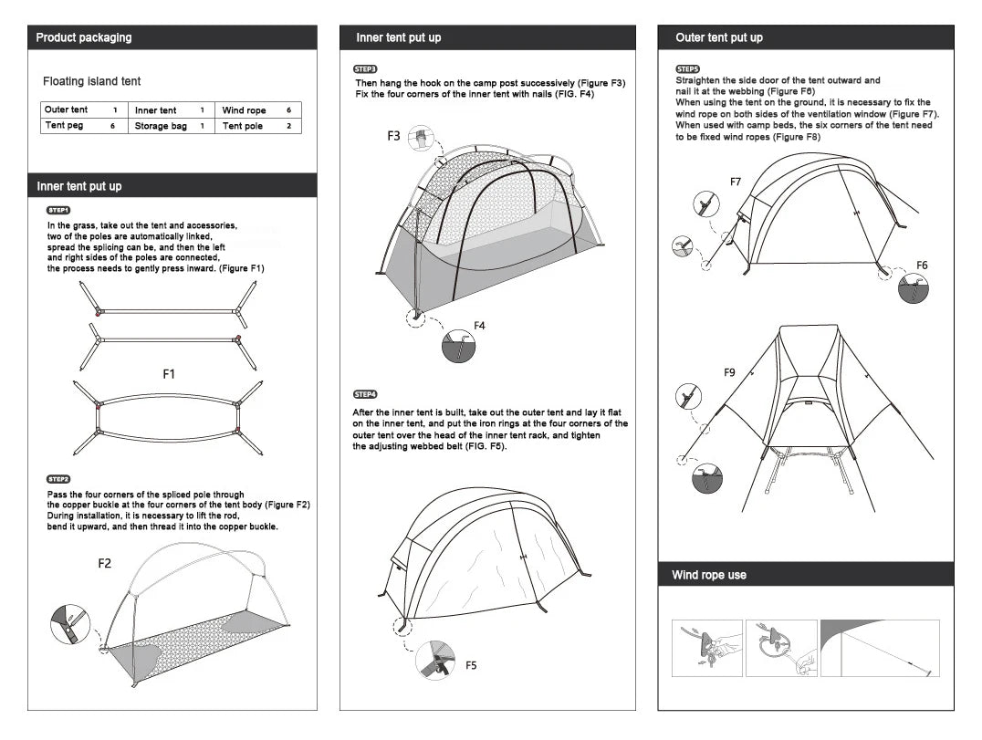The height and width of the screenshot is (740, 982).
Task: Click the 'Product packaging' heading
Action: coord(84,37)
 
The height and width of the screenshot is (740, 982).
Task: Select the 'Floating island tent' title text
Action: coord(92,81)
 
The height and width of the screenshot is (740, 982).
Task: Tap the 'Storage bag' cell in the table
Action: coord(161,126)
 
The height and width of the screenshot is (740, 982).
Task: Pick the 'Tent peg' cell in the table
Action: coord(64,125)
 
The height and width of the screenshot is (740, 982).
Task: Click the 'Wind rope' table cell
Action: coord(244,109)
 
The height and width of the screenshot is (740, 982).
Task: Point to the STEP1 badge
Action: coord(58,211)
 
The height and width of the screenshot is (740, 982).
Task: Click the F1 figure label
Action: coord(169,374)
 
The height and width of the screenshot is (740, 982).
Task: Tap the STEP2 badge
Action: coord(58,480)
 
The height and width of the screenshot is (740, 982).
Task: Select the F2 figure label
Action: coord(105,563)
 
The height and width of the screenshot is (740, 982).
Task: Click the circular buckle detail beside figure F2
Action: coord(70,624)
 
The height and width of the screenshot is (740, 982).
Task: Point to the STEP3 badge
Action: coord(365,69)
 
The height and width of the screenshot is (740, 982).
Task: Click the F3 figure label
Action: coord(393,136)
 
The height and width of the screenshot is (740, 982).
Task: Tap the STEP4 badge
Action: coord(365,394)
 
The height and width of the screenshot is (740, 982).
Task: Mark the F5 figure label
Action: coord(471,665)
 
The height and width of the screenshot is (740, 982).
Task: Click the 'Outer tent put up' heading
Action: coord(719,37)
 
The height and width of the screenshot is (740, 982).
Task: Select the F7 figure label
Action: coord(736,182)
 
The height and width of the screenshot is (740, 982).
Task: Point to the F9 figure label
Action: coord(729,372)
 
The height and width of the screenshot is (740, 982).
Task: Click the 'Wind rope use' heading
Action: coord(709,575)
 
